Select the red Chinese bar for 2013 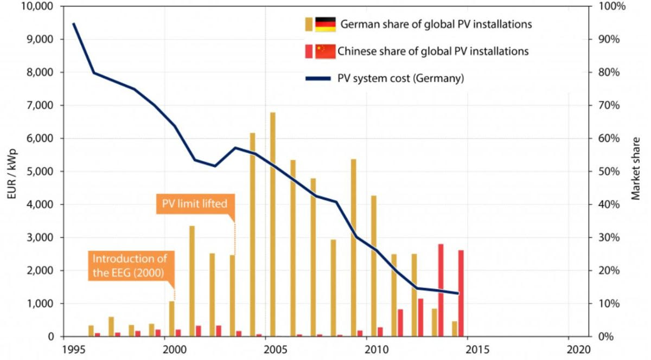441,290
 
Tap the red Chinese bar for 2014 461,293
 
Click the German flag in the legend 325,24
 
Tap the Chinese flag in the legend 325,52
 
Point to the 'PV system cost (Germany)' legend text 400,78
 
